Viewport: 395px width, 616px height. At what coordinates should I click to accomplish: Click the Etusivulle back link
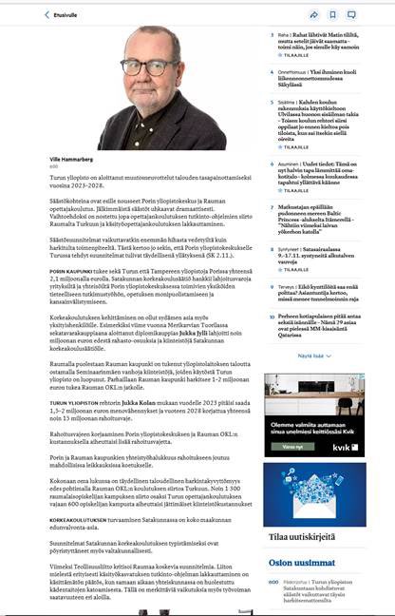[x=63, y=15]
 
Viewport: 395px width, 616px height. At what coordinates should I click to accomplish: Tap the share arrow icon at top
[x=313, y=15]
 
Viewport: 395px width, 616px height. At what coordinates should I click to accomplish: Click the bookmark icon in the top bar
[x=332, y=15]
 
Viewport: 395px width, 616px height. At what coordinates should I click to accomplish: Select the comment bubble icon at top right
[x=351, y=15]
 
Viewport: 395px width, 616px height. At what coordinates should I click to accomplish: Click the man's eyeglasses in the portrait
[x=138, y=67]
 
